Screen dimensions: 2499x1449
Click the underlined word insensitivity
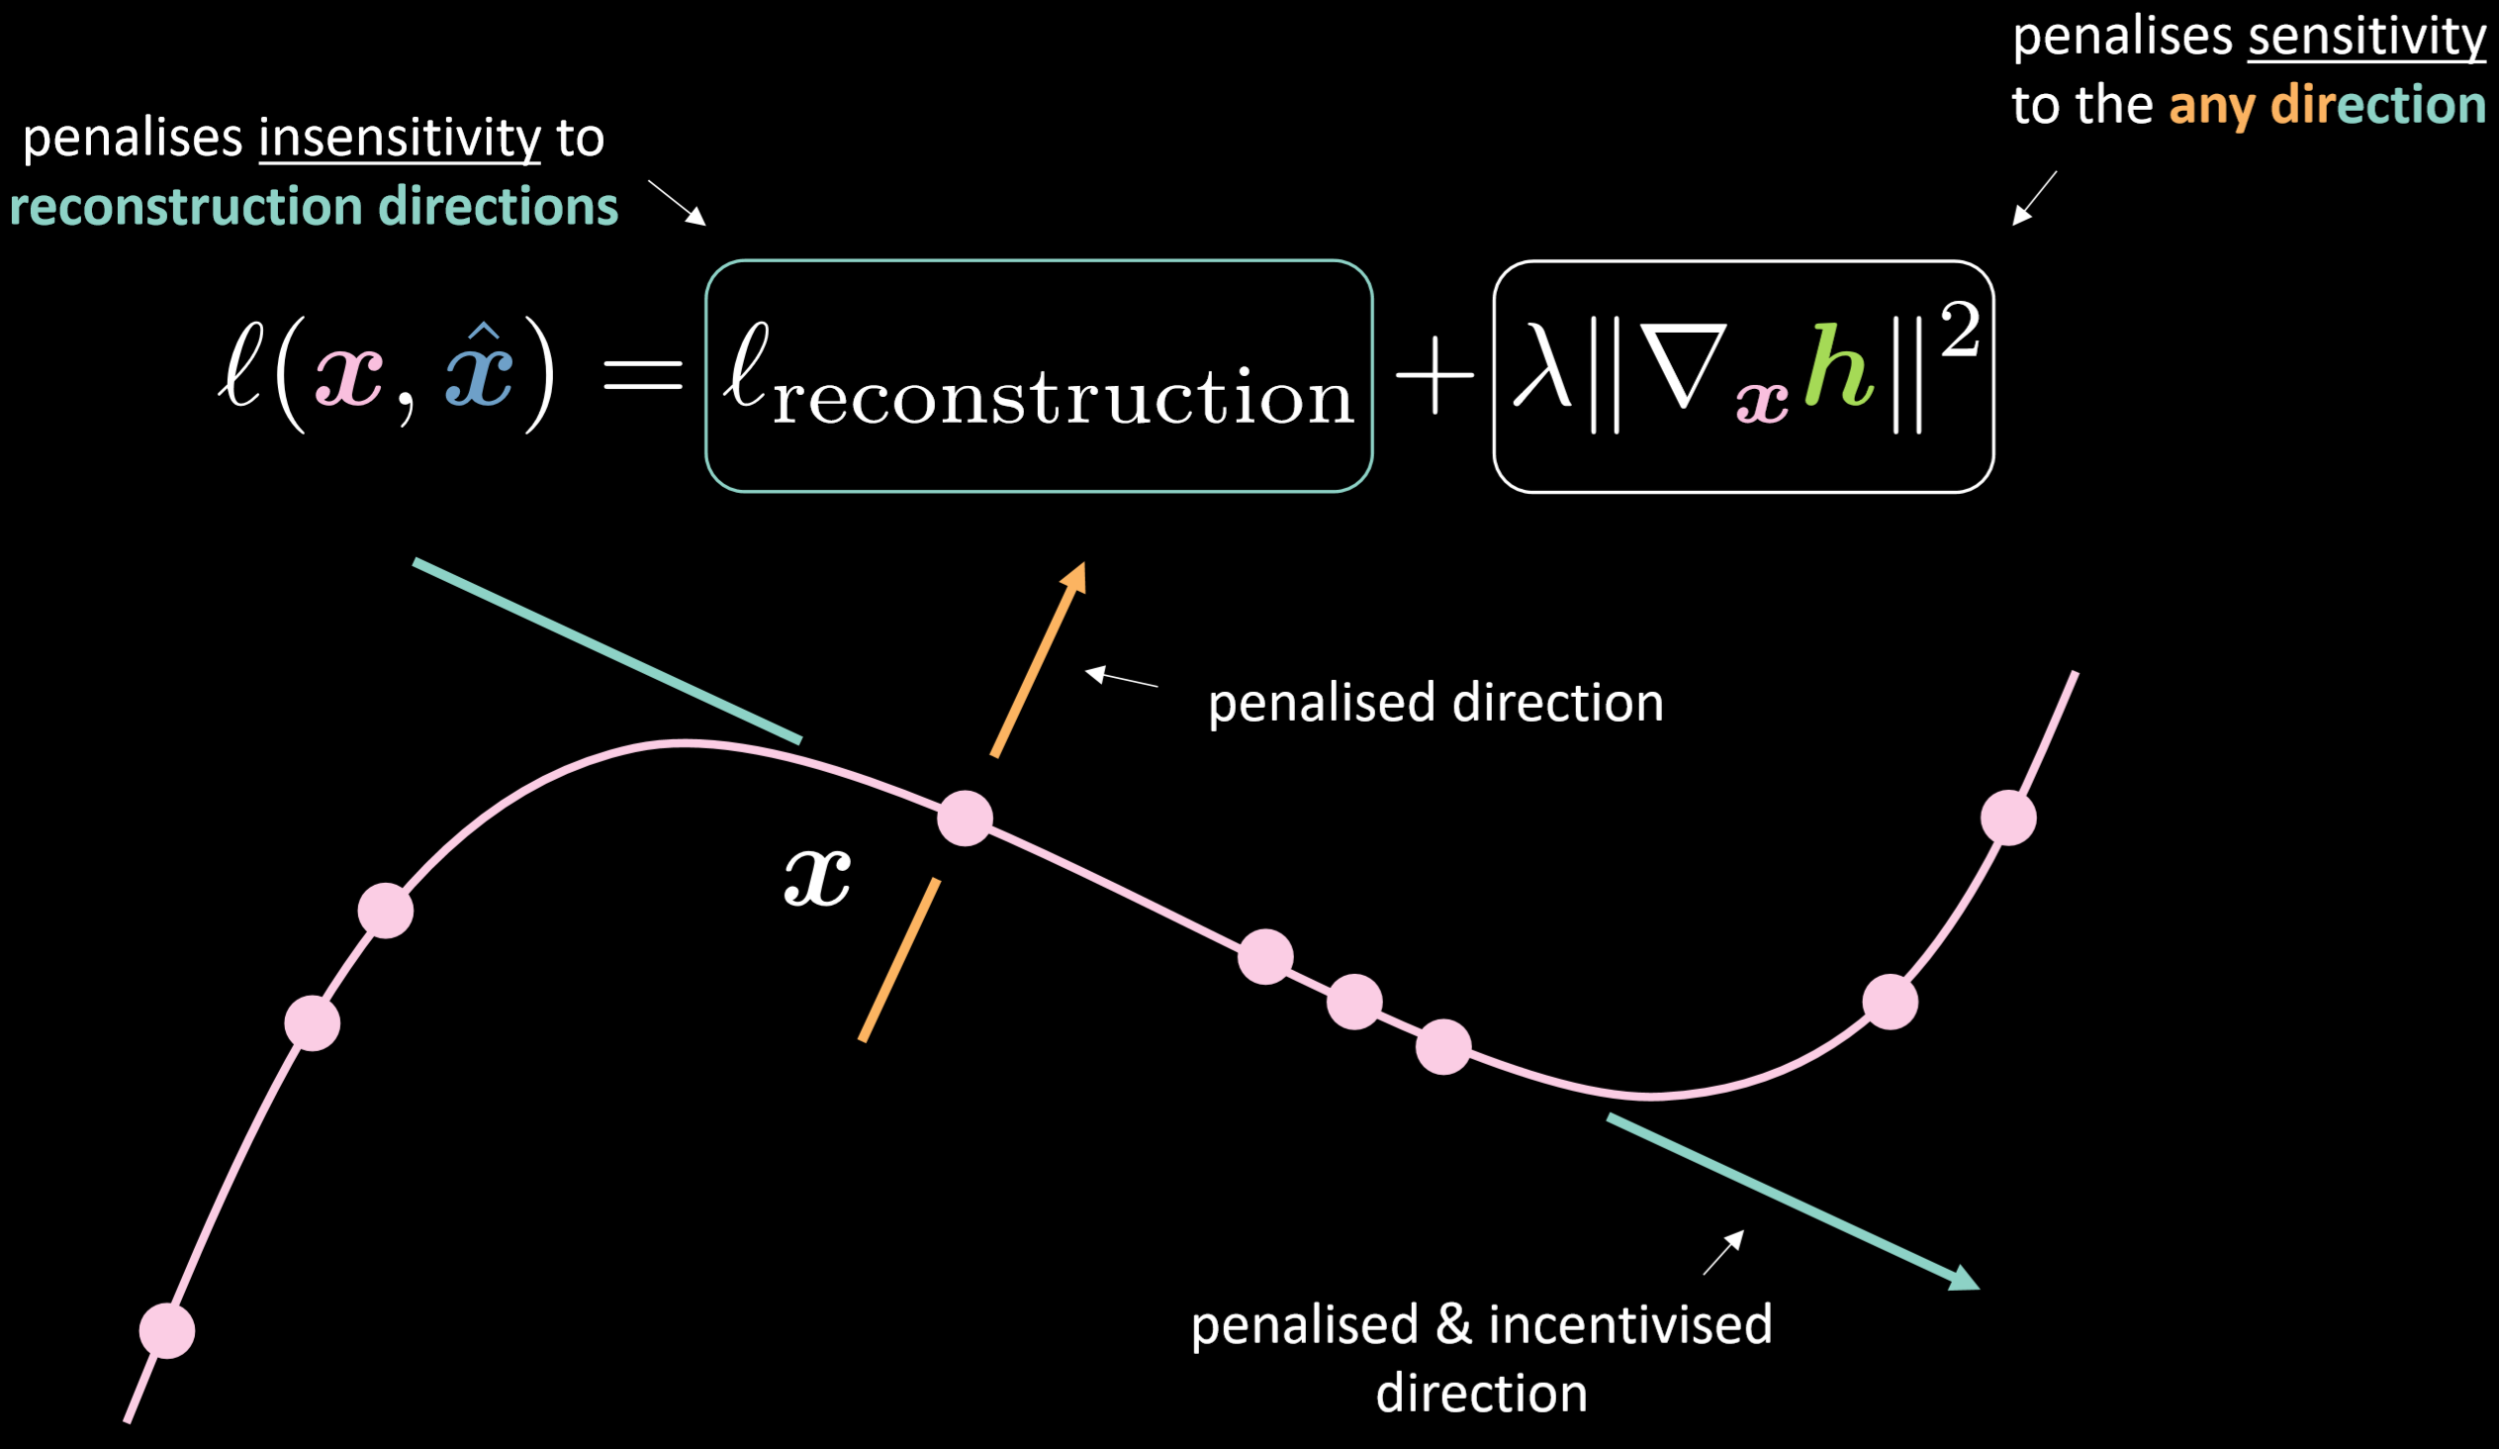click(400, 138)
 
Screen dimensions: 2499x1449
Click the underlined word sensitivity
click(2367, 39)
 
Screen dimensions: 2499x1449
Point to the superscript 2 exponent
click(1961, 331)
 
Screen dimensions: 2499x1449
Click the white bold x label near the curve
click(817, 878)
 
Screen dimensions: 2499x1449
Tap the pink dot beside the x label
click(965, 819)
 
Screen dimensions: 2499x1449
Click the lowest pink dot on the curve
click(166, 1331)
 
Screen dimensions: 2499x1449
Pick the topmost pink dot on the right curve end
click(2008, 819)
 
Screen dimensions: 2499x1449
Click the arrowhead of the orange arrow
click(1075, 577)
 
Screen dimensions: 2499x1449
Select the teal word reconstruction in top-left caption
click(185, 206)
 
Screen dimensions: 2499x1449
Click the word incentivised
click(1630, 1325)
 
